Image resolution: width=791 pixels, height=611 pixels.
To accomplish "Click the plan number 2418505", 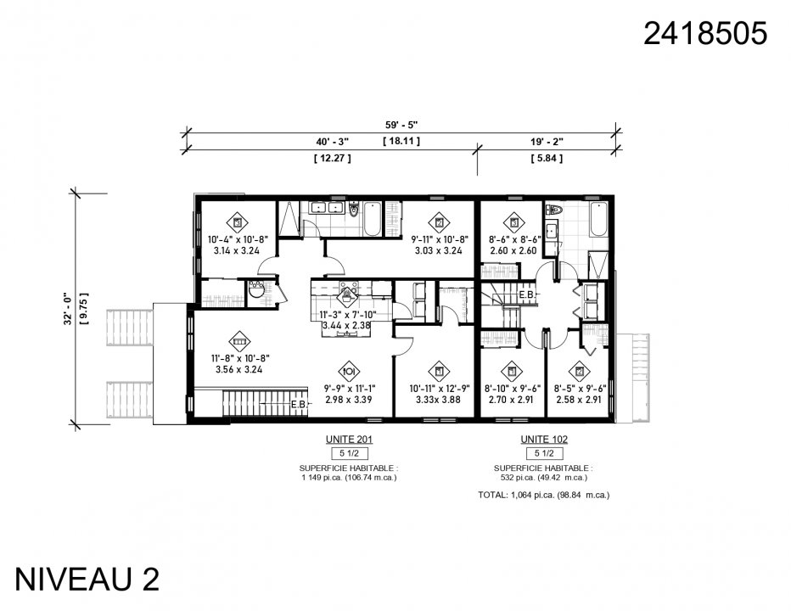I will tap(705, 33).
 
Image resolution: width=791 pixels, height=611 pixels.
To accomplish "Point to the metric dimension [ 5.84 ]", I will tap(547, 158).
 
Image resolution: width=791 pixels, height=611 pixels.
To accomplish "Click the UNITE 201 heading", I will tap(349, 440).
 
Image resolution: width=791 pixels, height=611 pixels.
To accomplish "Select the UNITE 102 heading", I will tap(544, 440).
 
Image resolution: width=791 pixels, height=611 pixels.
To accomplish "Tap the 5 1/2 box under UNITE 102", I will tap(544, 454).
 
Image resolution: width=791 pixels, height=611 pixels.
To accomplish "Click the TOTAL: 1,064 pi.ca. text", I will tap(543, 494).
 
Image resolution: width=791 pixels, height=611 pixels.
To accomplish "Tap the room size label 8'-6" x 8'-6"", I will tap(514, 239).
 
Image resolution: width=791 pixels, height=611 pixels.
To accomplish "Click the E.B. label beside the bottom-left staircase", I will tap(299, 405).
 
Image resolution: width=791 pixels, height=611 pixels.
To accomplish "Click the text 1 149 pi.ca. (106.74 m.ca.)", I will tap(349, 477).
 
